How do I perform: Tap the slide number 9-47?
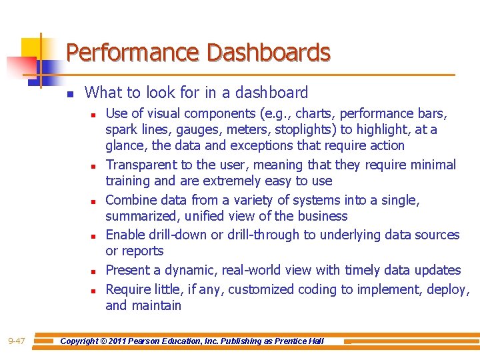(x=17, y=341)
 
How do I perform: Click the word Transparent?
(x=139, y=165)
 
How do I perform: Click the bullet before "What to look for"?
(x=69, y=93)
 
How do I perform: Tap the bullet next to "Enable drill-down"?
(x=94, y=235)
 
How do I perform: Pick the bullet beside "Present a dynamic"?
(x=94, y=271)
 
